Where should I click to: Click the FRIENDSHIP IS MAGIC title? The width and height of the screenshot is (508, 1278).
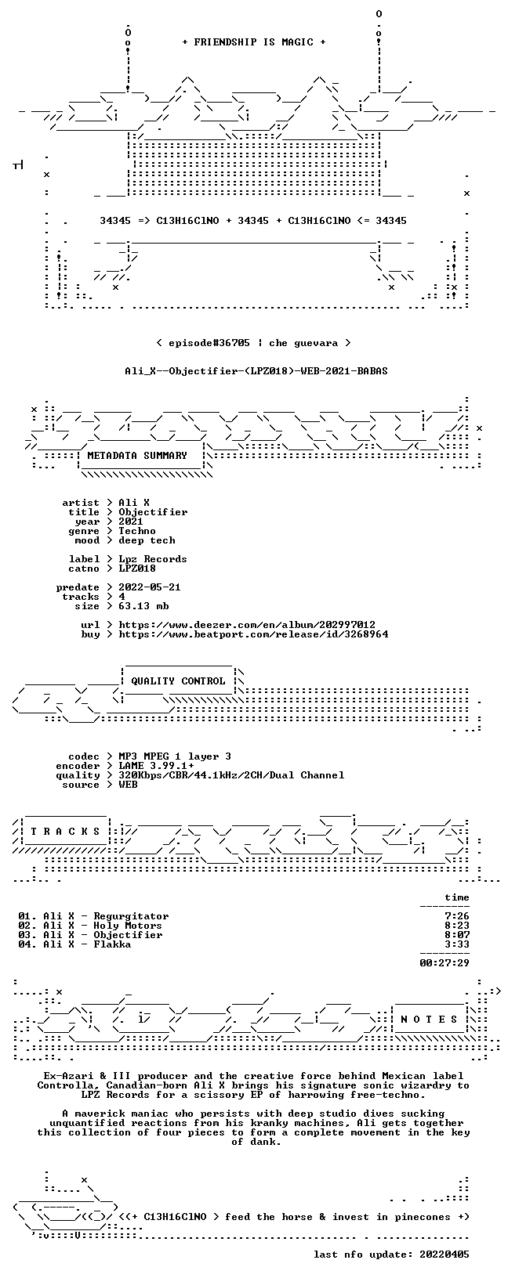click(254, 42)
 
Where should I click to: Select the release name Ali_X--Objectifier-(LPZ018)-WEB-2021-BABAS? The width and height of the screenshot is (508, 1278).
click(256, 371)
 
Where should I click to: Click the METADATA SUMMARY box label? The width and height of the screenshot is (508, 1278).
click(137, 455)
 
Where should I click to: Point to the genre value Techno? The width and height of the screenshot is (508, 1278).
click(137, 531)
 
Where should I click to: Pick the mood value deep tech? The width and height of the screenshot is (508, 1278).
click(147, 540)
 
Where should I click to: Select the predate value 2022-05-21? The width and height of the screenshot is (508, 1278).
click(150, 587)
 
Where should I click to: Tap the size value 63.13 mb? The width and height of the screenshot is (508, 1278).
click(143, 606)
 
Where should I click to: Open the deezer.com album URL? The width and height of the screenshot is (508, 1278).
click(247, 625)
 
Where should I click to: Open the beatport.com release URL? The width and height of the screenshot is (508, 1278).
click(253, 634)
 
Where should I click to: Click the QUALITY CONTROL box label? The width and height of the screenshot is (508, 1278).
click(178, 681)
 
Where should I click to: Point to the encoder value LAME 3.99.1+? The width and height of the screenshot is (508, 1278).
click(156, 766)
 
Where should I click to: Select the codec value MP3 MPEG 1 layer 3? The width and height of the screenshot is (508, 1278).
click(175, 756)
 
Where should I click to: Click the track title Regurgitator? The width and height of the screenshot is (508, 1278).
click(131, 916)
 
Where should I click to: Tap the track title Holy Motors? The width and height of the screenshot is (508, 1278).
click(128, 926)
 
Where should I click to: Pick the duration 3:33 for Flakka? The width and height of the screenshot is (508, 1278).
click(456, 944)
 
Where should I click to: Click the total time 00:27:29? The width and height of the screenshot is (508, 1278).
click(444, 963)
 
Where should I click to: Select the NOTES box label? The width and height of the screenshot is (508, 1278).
click(429, 1020)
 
